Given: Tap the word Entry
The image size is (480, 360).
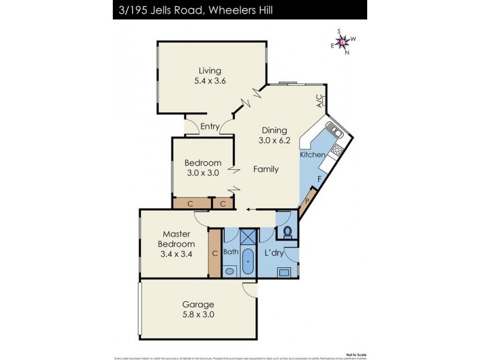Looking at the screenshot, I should click(x=209, y=126).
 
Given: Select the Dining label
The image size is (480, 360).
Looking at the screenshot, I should click(x=274, y=130).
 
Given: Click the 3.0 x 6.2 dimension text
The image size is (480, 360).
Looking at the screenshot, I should click(x=274, y=141).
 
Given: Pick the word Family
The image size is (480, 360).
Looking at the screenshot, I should click(x=266, y=169).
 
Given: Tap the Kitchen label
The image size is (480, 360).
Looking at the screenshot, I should click(x=313, y=155).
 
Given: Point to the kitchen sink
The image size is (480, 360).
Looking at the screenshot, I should click(x=332, y=130).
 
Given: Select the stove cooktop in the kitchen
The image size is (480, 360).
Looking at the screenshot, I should click(x=337, y=150).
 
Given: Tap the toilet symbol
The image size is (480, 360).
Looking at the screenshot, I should click(x=287, y=230).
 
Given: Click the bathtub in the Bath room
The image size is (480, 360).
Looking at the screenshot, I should click(x=248, y=262).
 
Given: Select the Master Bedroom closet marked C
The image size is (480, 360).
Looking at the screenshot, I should click(x=215, y=253).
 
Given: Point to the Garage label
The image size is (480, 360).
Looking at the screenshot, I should click(x=199, y=304).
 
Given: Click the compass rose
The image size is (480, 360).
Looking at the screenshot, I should click(x=343, y=41).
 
